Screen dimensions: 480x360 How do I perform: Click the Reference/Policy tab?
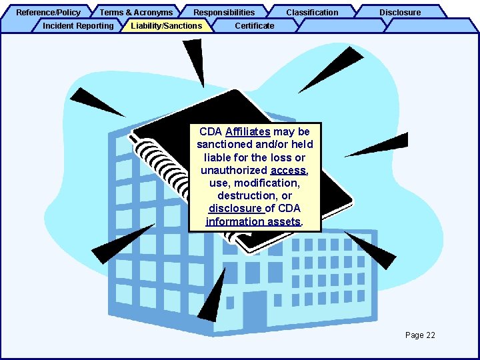(48, 12)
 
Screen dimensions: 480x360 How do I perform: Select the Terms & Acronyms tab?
(136, 12)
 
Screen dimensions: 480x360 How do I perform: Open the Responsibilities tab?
(224, 12)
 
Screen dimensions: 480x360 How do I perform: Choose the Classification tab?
(312, 12)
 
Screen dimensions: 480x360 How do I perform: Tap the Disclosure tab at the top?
(400, 12)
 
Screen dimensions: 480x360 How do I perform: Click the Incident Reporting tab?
(78, 25)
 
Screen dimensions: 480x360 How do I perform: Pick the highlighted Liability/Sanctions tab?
(167, 25)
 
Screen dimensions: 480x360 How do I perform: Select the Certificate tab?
(255, 25)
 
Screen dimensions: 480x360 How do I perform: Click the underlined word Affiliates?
(247, 132)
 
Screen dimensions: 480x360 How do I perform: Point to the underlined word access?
(288, 170)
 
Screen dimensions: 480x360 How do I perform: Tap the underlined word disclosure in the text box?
(235, 208)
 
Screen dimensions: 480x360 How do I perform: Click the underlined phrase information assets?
(253, 221)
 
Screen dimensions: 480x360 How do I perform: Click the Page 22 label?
(420, 335)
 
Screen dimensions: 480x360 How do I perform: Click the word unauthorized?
(234, 170)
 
